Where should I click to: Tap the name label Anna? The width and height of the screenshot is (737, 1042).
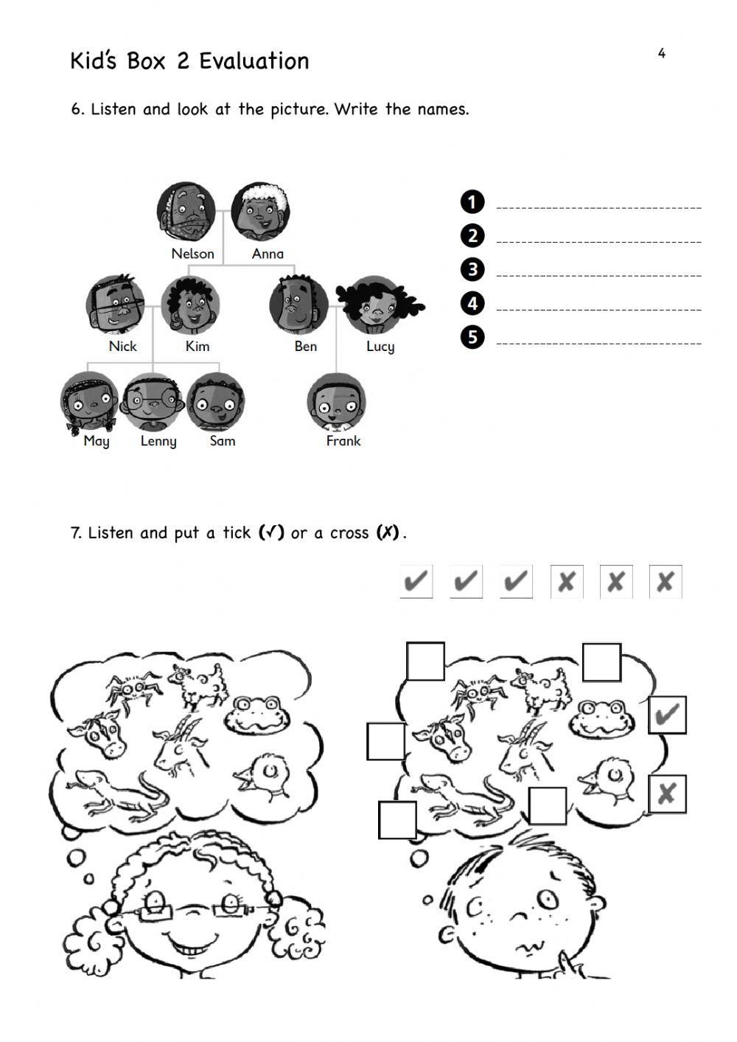point(268,254)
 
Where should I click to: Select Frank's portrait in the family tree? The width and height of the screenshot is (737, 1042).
point(337,403)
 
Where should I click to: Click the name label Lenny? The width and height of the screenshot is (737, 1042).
point(158,441)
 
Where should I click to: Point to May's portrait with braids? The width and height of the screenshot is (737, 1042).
point(89,403)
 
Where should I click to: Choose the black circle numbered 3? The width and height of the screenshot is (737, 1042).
point(472,269)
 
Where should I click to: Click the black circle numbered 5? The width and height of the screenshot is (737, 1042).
point(472,337)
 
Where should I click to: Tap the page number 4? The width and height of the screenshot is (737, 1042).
point(661,53)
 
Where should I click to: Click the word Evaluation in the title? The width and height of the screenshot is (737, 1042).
point(254,61)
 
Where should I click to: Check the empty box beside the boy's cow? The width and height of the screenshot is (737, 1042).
point(385,741)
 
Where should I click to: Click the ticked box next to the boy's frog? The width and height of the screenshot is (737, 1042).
point(667,715)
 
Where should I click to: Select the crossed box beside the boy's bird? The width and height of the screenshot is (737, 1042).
point(667,793)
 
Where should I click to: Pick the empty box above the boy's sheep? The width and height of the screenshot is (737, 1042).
point(601,662)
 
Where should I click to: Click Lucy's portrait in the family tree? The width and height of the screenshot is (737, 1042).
point(378,305)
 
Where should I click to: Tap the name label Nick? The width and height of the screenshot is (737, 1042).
point(122,347)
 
